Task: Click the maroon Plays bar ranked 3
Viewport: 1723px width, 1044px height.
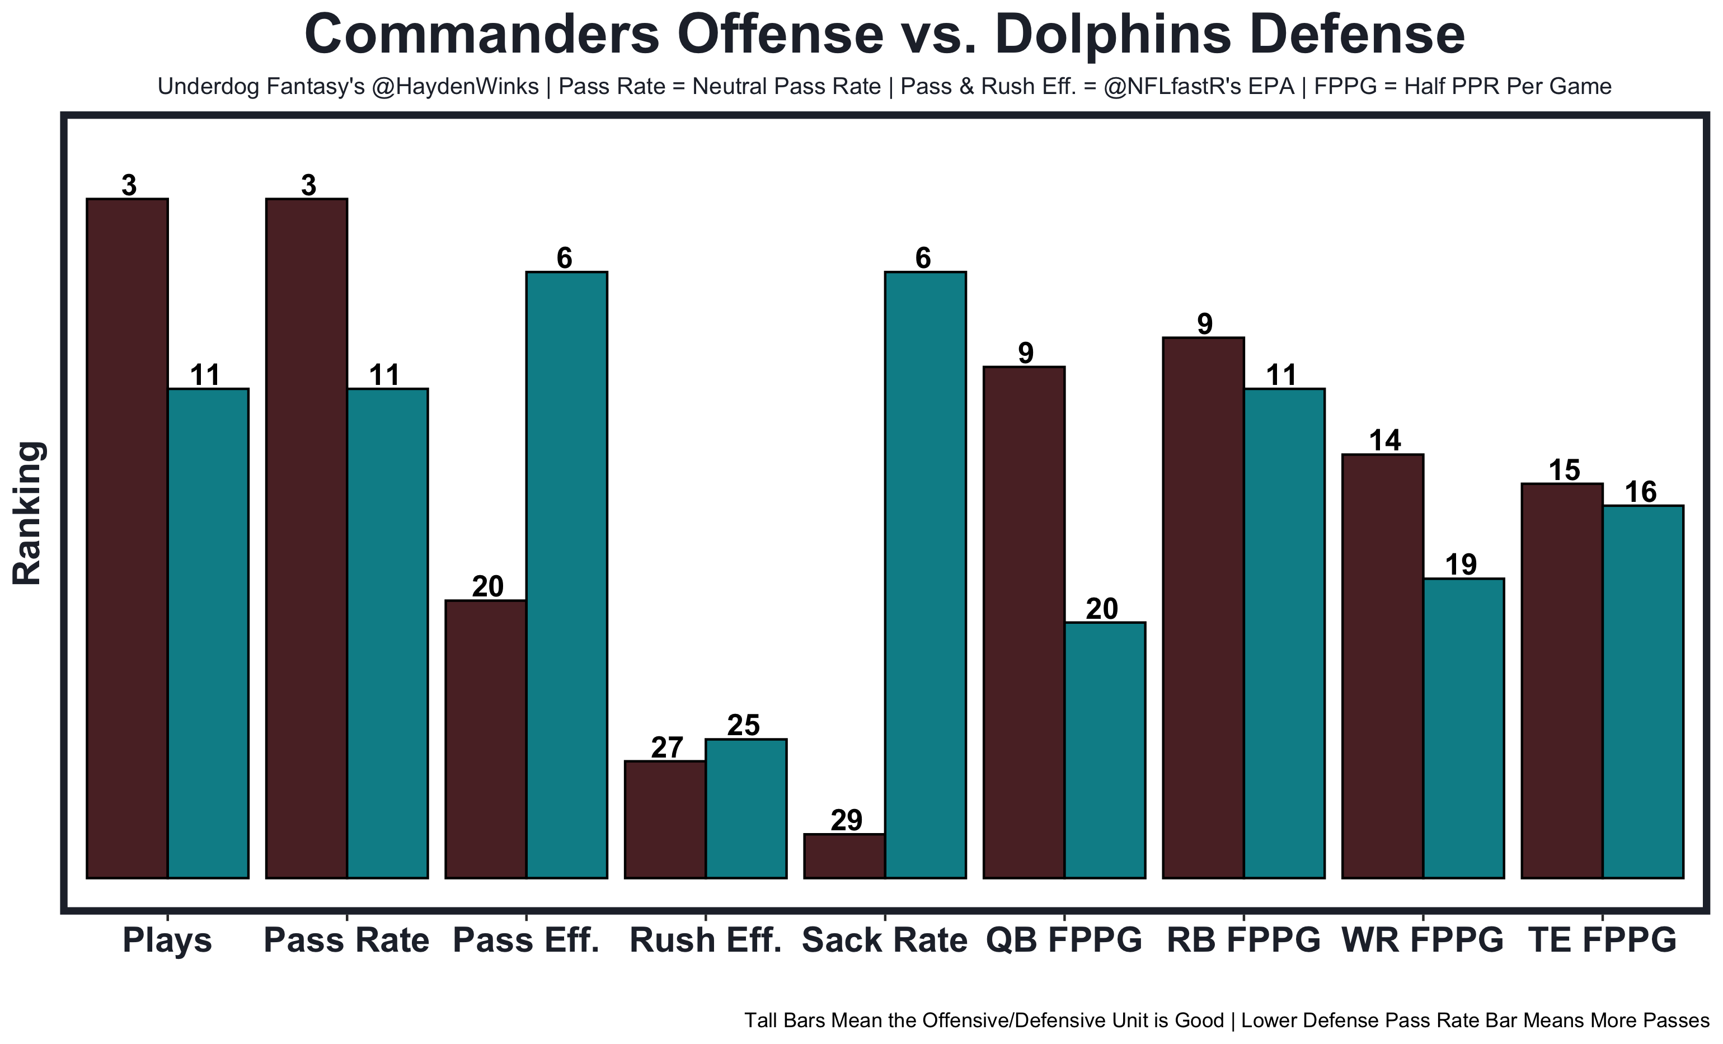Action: tap(127, 538)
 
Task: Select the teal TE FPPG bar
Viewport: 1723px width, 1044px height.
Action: tap(1642, 692)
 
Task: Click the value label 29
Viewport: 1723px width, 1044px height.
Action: tap(846, 820)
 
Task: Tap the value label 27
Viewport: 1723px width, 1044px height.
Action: tap(666, 747)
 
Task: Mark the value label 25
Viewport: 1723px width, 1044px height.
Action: tap(743, 726)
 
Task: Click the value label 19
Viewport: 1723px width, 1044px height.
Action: tap(1461, 565)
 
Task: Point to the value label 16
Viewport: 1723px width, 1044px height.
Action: tap(1641, 492)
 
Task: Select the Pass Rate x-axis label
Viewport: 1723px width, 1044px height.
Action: tap(346, 940)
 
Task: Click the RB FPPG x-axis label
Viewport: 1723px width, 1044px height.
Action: tap(1243, 940)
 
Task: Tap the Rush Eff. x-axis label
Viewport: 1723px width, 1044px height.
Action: tap(706, 940)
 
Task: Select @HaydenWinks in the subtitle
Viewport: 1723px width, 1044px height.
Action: tap(455, 87)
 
